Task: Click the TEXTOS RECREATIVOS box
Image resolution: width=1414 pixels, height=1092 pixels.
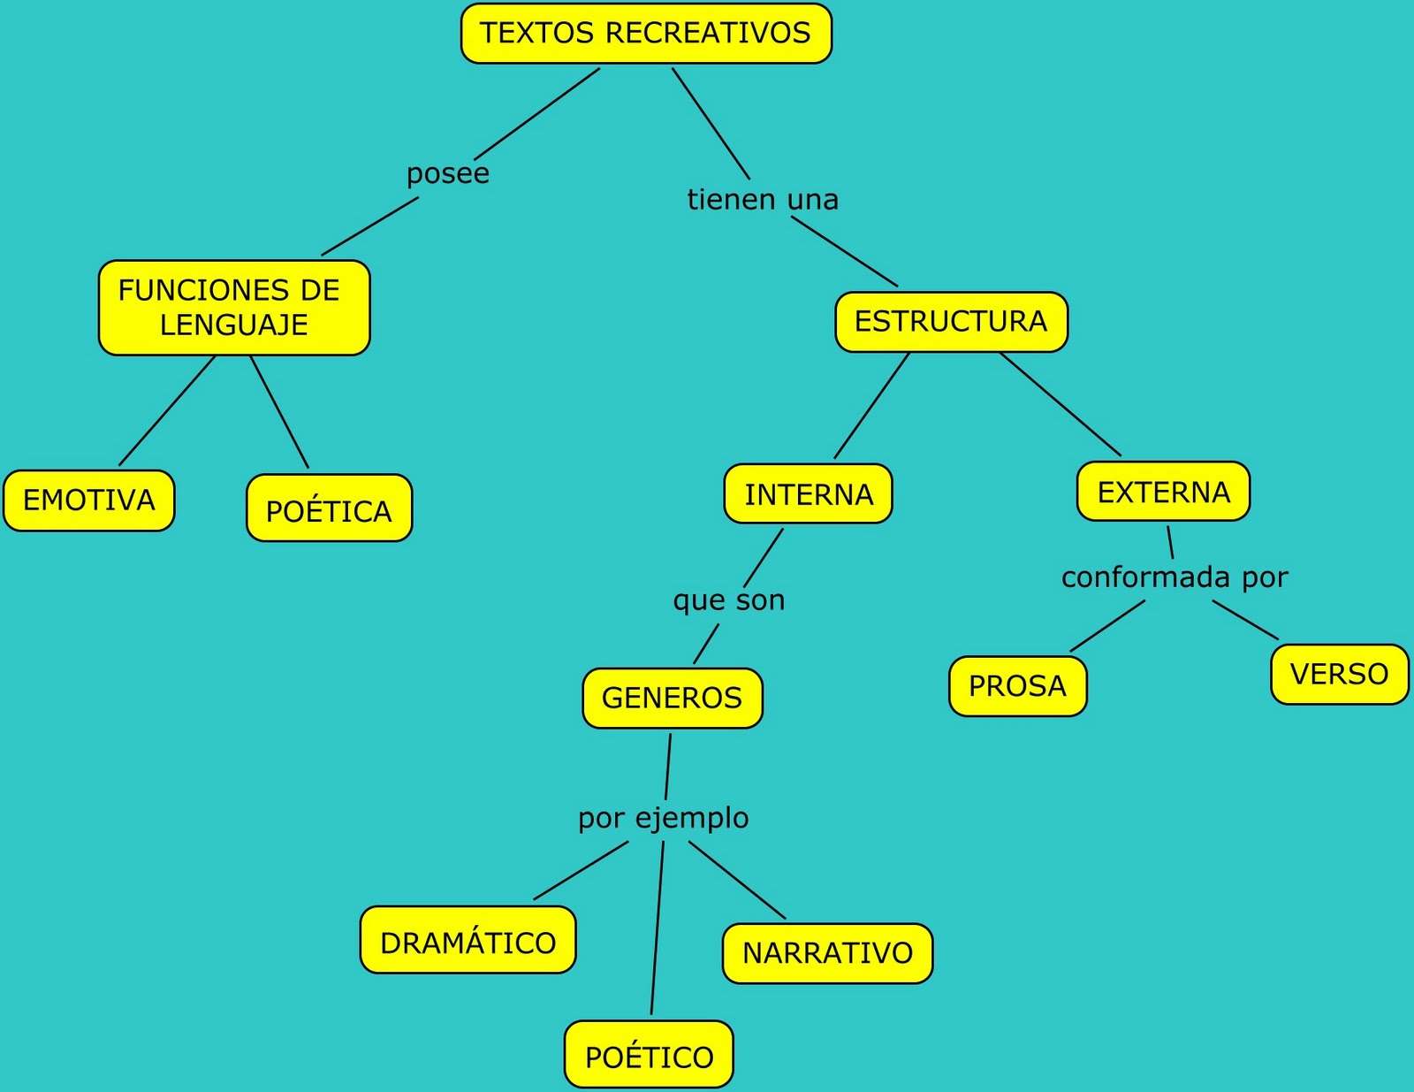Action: [x=646, y=34]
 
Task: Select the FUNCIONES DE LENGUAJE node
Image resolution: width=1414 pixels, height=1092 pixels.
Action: [x=234, y=308]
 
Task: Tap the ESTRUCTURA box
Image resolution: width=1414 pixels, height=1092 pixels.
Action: [x=951, y=322]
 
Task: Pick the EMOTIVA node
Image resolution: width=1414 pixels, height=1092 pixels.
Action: [x=89, y=500]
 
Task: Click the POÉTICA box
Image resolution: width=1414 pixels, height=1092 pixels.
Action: [x=330, y=508]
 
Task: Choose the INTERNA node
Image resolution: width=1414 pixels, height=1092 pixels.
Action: [x=808, y=493]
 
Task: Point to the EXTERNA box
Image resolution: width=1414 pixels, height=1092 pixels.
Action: [x=1164, y=492]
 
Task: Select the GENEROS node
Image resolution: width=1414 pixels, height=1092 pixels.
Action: [x=673, y=698]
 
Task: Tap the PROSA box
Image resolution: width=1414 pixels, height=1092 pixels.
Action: [x=1018, y=686]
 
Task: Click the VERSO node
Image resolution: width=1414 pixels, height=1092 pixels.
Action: [x=1340, y=674]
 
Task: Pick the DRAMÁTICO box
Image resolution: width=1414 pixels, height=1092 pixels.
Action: [x=468, y=940]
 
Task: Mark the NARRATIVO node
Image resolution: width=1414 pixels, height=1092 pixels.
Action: [x=828, y=952]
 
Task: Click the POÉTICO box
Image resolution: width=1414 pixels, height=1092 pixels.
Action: [x=649, y=1054]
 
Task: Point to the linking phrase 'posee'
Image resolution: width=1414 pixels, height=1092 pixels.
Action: [x=448, y=174]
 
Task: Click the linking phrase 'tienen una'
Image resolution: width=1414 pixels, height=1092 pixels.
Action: [x=763, y=199]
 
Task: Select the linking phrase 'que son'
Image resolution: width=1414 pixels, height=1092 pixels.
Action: [x=729, y=600]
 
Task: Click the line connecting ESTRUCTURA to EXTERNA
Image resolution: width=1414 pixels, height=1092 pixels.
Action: [x=1060, y=404]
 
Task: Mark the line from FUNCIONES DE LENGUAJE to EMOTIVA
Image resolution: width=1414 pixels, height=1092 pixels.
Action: [x=167, y=410]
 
